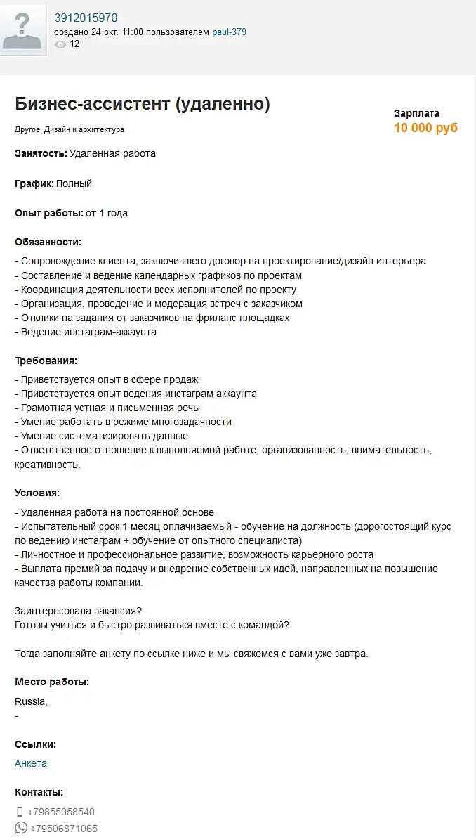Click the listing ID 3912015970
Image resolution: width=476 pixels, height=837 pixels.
click(86, 18)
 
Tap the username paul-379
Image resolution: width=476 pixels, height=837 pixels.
click(230, 32)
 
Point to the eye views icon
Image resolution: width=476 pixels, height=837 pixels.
click(60, 44)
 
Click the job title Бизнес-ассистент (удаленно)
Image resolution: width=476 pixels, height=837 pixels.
click(143, 104)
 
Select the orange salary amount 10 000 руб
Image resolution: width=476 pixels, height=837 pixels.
click(425, 128)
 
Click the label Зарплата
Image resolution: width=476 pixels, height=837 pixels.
click(416, 113)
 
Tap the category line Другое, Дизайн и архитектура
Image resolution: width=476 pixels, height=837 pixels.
click(70, 129)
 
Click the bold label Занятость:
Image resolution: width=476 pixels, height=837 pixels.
click(41, 153)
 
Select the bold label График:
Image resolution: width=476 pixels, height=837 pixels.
click(34, 183)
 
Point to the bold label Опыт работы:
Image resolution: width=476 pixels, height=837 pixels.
click(49, 213)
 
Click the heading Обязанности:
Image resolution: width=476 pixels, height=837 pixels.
click(48, 242)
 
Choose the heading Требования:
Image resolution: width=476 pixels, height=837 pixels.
click(46, 361)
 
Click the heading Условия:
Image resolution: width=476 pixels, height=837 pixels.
click(37, 493)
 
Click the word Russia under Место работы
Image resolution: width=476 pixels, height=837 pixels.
click(31, 701)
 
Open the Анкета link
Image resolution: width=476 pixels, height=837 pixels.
click(31, 763)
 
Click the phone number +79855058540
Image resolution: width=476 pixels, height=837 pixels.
click(61, 812)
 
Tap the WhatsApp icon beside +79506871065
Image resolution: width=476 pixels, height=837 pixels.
click(21, 828)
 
